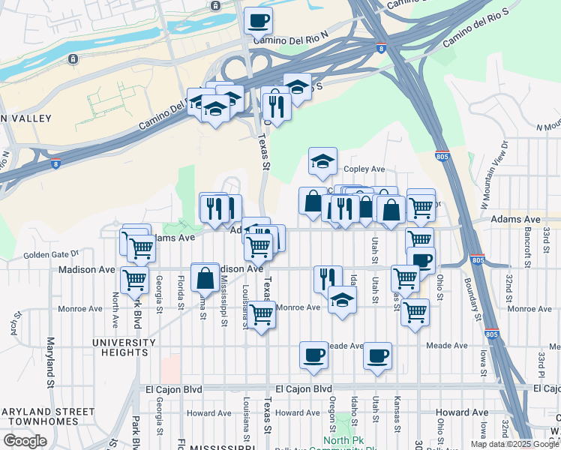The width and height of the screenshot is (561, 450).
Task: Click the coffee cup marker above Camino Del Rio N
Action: point(258,20)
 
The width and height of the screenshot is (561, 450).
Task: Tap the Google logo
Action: point(25,440)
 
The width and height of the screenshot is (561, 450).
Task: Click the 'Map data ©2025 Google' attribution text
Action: point(515,444)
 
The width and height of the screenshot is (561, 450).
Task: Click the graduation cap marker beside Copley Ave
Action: point(322,161)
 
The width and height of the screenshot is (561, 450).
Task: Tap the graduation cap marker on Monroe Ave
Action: point(342,301)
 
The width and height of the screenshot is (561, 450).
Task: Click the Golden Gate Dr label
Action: point(51,255)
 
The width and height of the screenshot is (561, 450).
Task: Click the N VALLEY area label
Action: point(25,118)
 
